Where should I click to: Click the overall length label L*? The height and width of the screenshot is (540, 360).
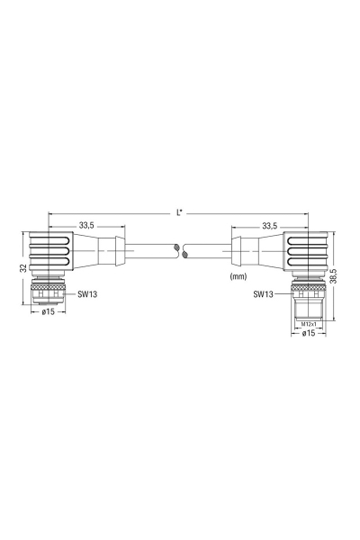179,213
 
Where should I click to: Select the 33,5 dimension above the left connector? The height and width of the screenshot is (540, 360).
86,226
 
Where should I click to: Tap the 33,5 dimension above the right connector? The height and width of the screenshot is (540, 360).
270,226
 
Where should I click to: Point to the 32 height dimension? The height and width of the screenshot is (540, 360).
23,267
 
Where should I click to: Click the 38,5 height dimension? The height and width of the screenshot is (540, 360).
333,276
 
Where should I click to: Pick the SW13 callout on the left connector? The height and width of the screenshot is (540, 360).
87,294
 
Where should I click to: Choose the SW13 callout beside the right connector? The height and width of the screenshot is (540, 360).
263,293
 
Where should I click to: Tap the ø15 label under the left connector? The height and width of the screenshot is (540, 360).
49,311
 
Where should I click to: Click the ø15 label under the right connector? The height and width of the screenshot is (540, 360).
309,333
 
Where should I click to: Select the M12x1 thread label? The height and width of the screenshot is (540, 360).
309,324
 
